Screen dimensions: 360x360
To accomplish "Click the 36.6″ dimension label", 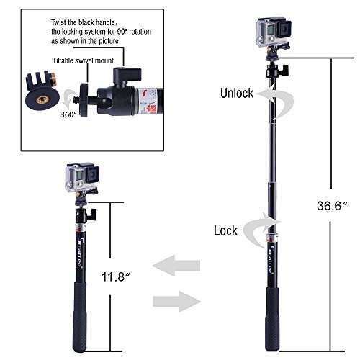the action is pyautogui.click(x=333, y=205).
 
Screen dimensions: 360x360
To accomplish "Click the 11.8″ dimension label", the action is pyautogui.click(x=117, y=276).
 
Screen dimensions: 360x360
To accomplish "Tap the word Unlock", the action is pyautogui.click(x=237, y=93).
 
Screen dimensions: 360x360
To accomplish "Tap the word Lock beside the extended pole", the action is pyautogui.click(x=225, y=230).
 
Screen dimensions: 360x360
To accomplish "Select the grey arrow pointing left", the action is pyautogui.click(x=176, y=266).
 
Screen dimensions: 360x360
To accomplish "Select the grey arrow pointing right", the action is pyautogui.click(x=177, y=302).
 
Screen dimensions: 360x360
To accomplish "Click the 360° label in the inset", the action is pyautogui.click(x=68, y=114).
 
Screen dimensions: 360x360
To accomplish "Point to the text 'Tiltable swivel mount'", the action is pyautogui.click(x=83, y=60).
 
